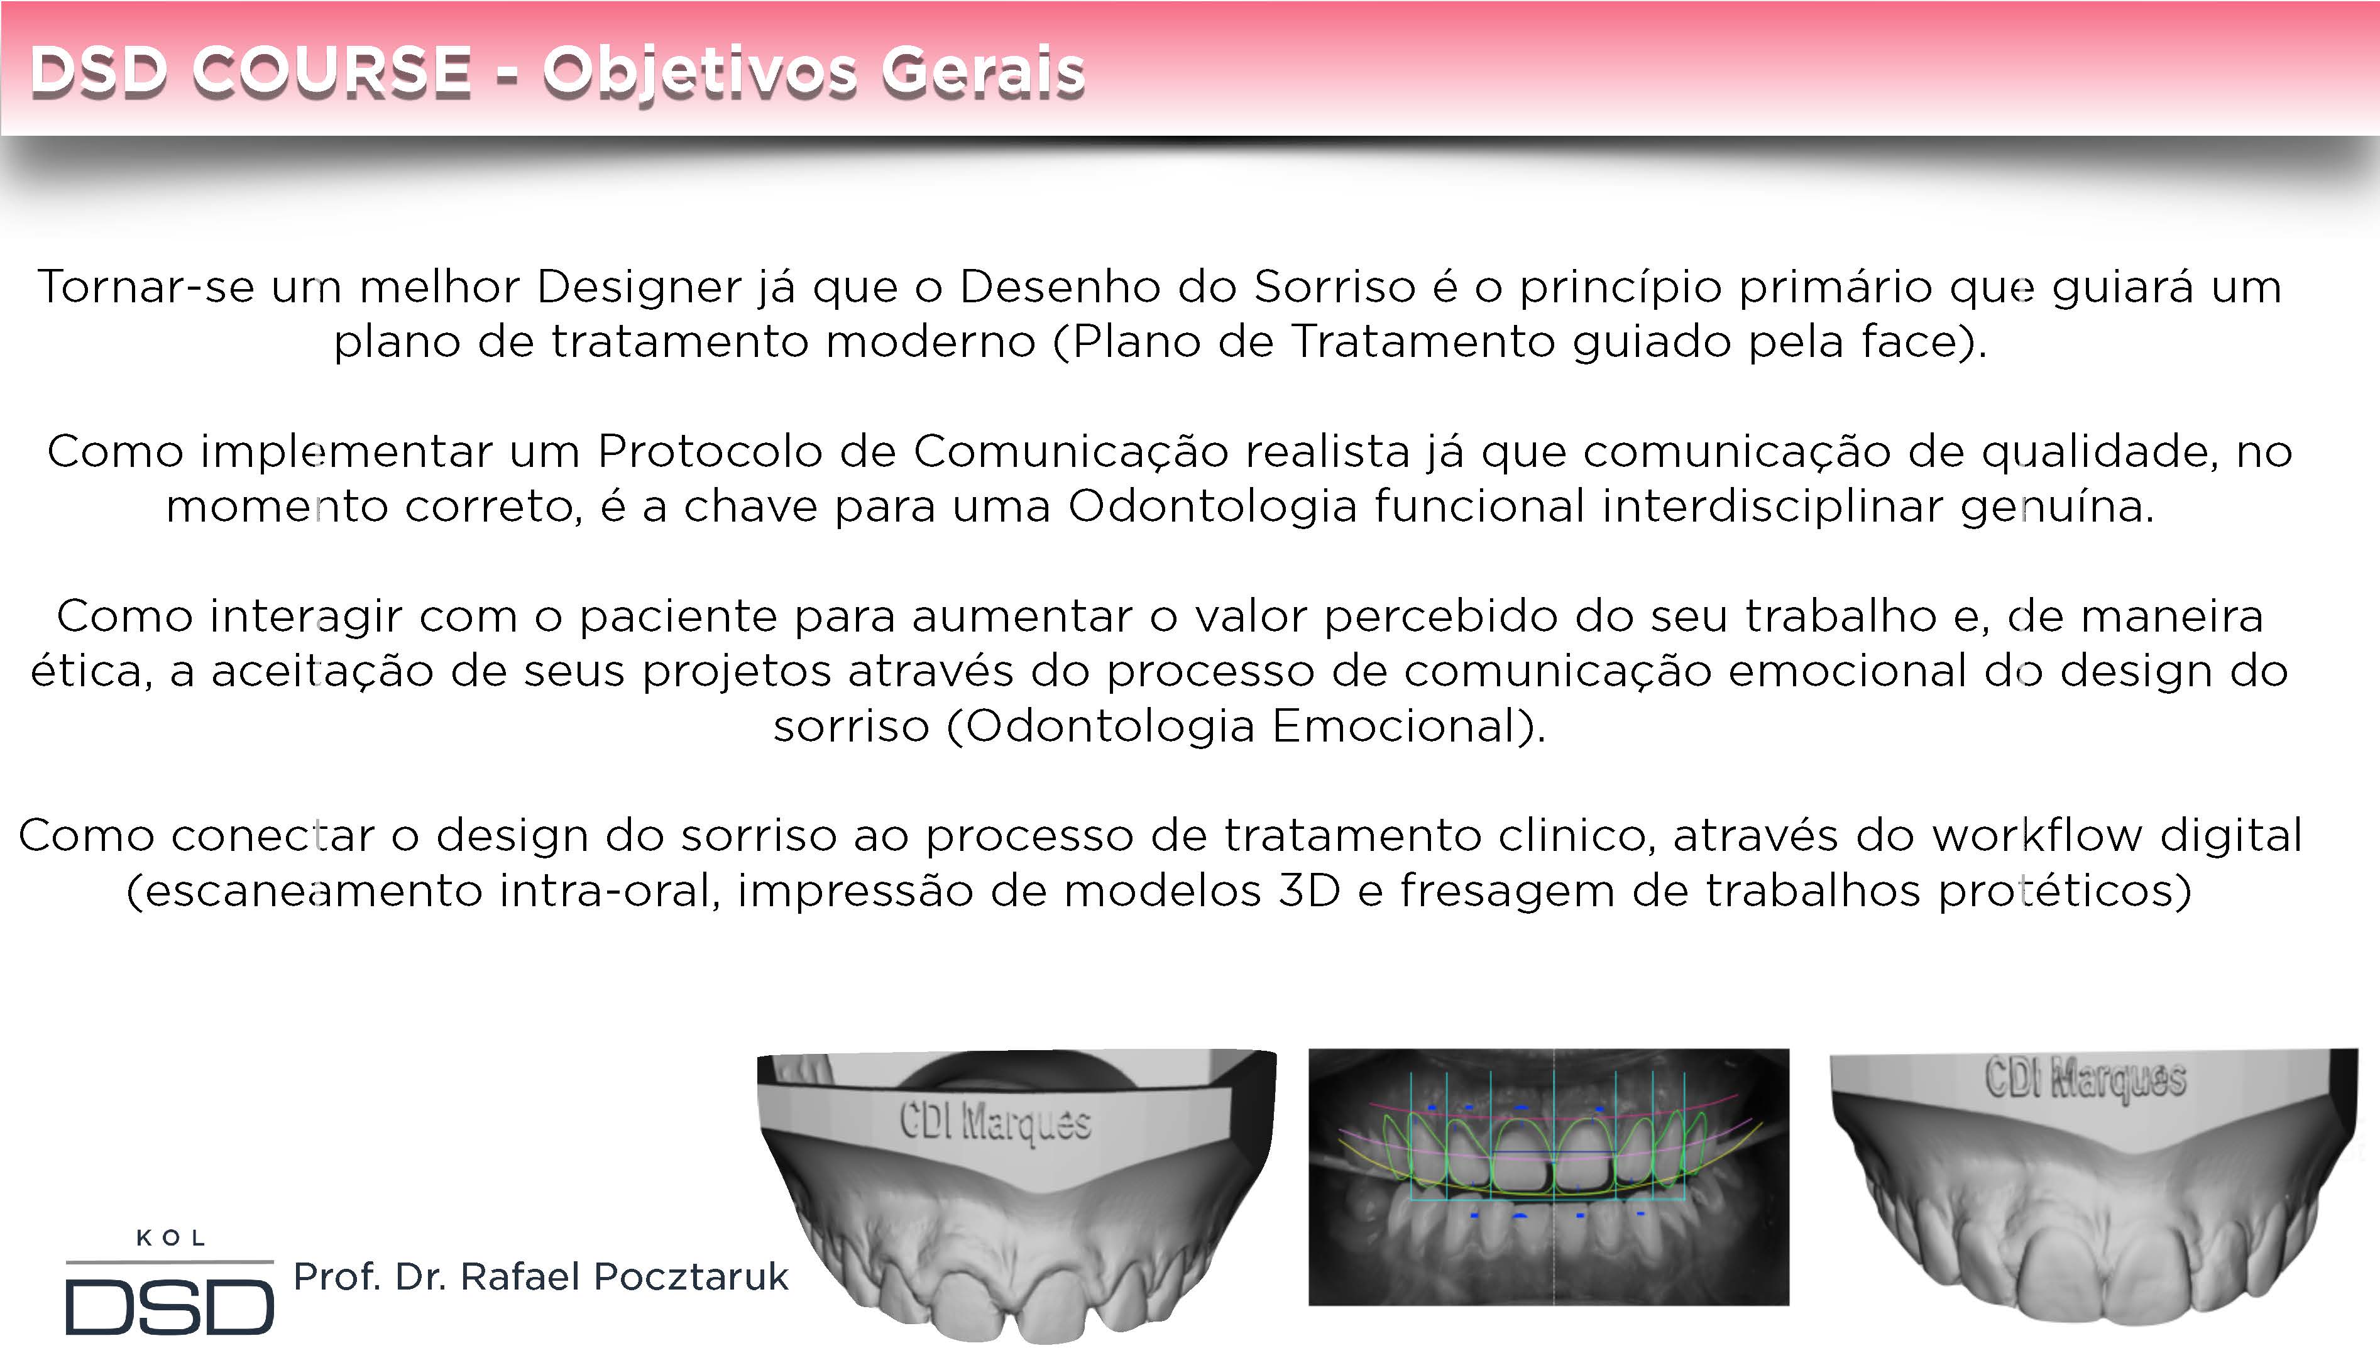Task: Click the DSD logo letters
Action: (x=170, y=1307)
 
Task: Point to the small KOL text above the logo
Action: (x=170, y=1238)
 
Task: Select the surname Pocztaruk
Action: (x=691, y=1277)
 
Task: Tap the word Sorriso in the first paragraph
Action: (x=1334, y=287)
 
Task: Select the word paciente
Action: (x=679, y=616)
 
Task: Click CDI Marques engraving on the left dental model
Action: (x=995, y=1123)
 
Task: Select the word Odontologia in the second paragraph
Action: (x=1213, y=507)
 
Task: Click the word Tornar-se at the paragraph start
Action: (x=145, y=287)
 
